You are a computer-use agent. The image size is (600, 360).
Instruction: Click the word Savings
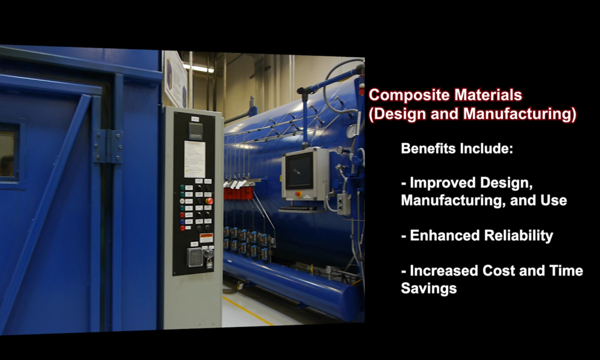[428, 289]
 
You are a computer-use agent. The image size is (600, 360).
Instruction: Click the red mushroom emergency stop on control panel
[209, 201]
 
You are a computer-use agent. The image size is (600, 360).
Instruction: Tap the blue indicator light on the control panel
[182, 221]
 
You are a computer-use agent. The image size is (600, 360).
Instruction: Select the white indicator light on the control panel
[182, 201]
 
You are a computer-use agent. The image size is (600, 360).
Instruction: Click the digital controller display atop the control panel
[196, 131]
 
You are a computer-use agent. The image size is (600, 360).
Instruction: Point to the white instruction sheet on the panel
[194, 159]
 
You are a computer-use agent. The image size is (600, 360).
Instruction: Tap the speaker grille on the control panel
[194, 257]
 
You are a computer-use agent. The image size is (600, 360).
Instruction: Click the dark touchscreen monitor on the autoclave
[299, 171]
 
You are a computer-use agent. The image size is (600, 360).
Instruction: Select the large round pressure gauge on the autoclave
[351, 131]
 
